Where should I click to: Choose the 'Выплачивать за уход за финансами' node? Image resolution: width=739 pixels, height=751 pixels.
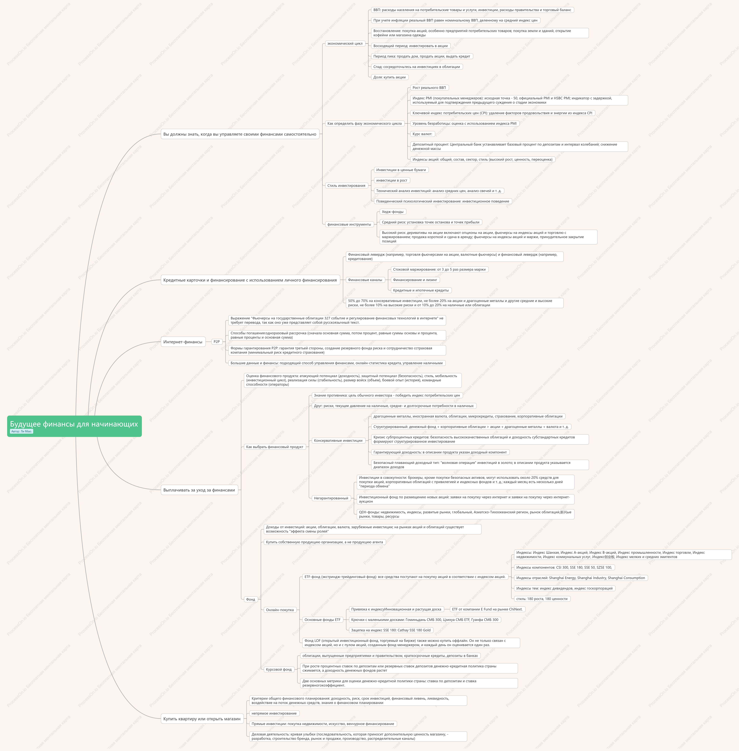pos(199,490)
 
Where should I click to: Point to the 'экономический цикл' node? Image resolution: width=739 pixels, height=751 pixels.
pos(345,43)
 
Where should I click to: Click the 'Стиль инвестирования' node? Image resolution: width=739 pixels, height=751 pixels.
pos(346,186)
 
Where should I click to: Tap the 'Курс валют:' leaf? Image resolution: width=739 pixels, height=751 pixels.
pos(422,134)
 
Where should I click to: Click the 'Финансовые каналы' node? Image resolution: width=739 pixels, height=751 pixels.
pos(365,280)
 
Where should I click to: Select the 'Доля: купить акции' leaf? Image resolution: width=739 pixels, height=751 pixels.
pos(389,77)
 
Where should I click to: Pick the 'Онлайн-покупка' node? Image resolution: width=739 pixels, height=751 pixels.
pos(280,610)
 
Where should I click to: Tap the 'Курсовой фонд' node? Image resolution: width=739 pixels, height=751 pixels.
pos(279,670)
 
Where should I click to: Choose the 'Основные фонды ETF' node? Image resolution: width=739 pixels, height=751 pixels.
pos(323,620)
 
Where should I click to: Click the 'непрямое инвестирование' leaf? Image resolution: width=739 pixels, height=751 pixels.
pos(274,713)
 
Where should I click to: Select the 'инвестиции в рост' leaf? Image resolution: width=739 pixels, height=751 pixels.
pos(392,180)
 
